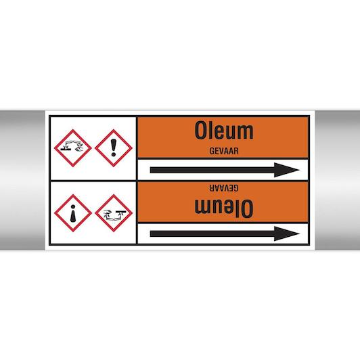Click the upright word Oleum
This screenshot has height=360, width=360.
click(224, 131)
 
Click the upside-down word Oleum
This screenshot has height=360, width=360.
click(224, 208)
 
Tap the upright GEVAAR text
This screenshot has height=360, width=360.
click(224, 151)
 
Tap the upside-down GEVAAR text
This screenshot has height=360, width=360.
click(224, 188)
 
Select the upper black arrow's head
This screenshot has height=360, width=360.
click(287, 170)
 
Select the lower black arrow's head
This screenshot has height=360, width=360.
click(287, 233)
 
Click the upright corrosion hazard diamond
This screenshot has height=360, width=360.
click(73, 148)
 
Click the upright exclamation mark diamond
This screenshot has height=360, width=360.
click(114, 148)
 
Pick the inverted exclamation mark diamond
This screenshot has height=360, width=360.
click(73, 213)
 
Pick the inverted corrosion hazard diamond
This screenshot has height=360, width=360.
click(114, 213)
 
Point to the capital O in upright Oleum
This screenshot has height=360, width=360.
click(200, 131)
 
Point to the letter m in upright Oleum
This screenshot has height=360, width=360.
click(246, 133)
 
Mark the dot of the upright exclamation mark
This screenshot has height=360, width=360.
click(114, 154)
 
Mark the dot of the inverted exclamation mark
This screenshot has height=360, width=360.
click(73, 207)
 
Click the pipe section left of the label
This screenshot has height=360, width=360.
click(22, 180)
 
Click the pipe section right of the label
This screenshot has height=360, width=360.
click(338, 180)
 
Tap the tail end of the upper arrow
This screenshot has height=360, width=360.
click(151, 170)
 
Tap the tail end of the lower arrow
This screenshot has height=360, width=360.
click(151, 233)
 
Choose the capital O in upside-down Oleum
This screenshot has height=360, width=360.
click(248, 208)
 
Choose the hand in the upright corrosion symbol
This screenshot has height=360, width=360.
click(79, 150)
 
